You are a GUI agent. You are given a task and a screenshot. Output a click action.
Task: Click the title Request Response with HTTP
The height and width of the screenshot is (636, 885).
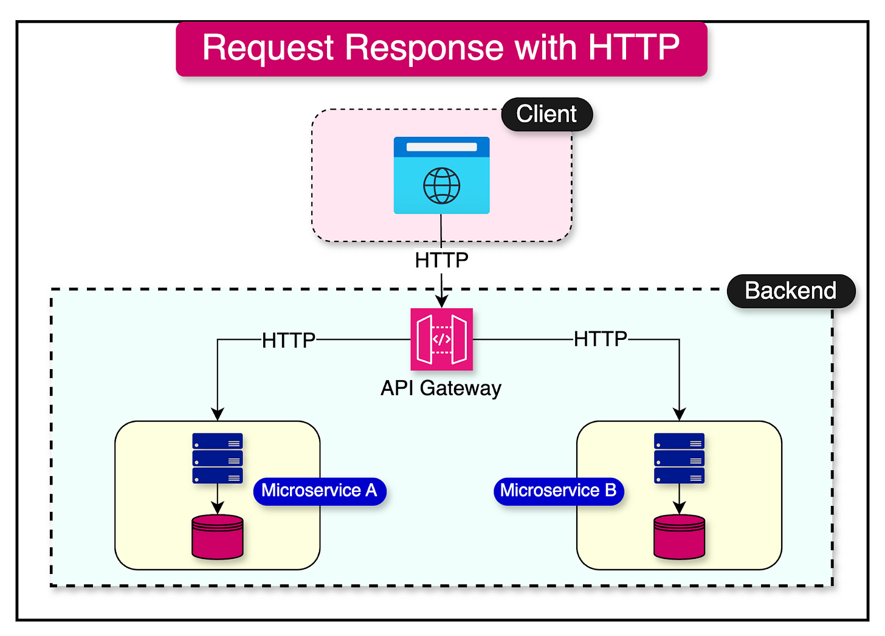(441, 49)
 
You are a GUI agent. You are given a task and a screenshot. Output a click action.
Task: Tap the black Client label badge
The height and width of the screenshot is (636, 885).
(546, 114)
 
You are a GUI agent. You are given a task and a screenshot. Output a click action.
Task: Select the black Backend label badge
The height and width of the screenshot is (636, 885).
(790, 291)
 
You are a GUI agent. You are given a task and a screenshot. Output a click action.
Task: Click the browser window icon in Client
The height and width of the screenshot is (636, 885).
(441, 175)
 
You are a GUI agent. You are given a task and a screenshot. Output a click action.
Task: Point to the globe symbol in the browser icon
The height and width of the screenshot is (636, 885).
(441, 185)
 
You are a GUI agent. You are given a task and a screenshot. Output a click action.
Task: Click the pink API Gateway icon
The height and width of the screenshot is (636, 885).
(441, 339)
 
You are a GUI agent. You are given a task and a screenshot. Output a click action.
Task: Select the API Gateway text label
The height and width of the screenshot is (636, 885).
(441, 388)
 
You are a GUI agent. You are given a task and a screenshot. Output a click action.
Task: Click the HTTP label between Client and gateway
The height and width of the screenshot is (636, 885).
(441, 260)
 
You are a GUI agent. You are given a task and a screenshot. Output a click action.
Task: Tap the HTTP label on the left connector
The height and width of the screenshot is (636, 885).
(288, 340)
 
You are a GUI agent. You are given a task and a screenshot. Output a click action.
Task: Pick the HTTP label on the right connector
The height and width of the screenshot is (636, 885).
(600, 339)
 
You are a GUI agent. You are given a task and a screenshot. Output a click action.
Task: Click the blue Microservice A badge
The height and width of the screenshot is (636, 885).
(319, 491)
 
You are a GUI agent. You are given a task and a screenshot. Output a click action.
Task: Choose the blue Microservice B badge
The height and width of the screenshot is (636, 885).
(558, 491)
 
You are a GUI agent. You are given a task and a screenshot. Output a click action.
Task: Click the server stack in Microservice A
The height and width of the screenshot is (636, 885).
(218, 458)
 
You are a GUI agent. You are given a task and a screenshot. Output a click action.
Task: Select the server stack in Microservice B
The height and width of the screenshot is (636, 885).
(679, 458)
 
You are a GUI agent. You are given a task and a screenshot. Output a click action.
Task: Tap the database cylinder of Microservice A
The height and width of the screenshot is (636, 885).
(218, 537)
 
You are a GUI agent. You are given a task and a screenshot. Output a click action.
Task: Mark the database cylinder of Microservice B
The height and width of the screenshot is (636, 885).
(679, 537)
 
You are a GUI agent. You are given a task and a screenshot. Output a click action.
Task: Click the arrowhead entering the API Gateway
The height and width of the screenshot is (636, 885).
(441, 302)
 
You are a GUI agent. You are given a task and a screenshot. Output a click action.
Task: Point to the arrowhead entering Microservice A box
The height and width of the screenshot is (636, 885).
(218, 414)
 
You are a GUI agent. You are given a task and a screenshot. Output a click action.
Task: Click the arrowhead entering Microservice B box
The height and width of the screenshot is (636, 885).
(679, 414)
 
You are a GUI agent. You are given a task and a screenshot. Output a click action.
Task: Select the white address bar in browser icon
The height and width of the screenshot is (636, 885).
(441, 147)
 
